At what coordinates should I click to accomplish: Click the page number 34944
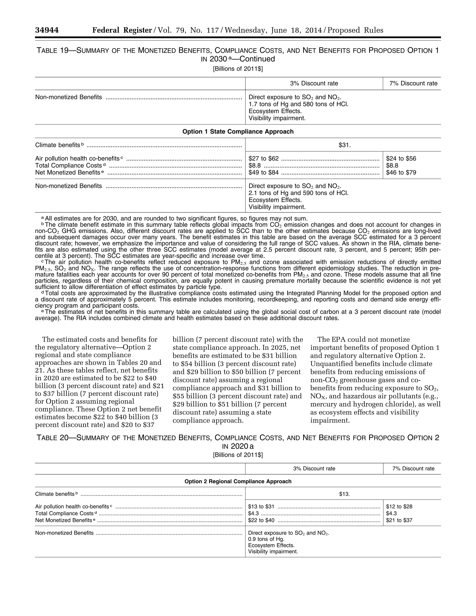tap(47, 30)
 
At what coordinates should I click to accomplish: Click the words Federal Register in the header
tap(122, 30)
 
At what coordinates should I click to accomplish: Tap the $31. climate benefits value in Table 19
tap(344, 145)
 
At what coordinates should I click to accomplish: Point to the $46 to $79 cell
tap(401, 172)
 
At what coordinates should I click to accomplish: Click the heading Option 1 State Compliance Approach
tap(238, 131)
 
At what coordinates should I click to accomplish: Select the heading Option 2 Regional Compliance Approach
tap(238, 481)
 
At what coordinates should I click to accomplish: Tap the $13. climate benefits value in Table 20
tap(344, 494)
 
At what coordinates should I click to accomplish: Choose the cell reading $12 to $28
tap(399, 507)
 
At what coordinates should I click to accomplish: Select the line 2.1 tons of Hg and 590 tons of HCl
tap(298, 193)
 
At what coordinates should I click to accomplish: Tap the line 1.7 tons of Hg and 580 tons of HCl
tap(298, 104)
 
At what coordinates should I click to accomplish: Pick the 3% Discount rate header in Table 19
tap(314, 83)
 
